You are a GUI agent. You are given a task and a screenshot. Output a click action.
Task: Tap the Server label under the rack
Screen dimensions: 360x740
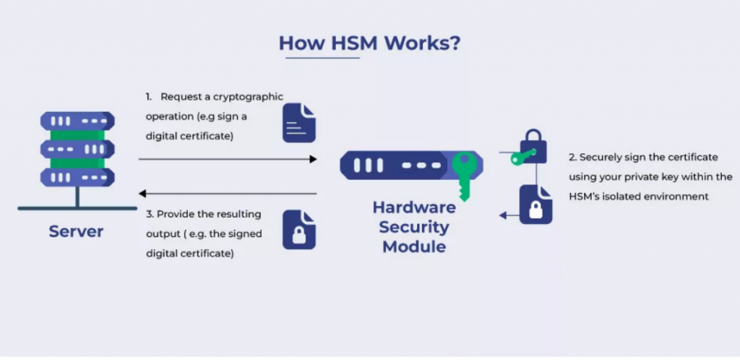click(76, 232)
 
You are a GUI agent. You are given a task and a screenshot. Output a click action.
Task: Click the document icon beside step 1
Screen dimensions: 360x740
click(299, 122)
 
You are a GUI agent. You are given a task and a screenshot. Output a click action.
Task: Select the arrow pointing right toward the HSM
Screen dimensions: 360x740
click(228, 158)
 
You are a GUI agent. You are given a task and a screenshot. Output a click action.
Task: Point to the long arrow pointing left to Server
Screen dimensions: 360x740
click(228, 193)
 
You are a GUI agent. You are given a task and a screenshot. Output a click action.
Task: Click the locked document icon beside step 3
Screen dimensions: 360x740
click(299, 229)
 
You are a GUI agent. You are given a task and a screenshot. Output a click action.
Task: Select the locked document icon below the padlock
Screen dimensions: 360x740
click(536, 204)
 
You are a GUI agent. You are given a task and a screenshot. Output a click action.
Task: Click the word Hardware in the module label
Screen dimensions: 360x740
click(414, 207)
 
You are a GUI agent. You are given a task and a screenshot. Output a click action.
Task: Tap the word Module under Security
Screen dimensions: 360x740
click(414, 247)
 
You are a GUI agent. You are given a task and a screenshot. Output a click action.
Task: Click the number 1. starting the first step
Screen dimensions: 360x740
click(148, 97)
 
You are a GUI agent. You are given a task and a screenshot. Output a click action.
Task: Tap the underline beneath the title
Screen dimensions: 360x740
click(319, 58)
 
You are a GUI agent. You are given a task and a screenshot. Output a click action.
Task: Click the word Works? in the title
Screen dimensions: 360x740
click(423, 43)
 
